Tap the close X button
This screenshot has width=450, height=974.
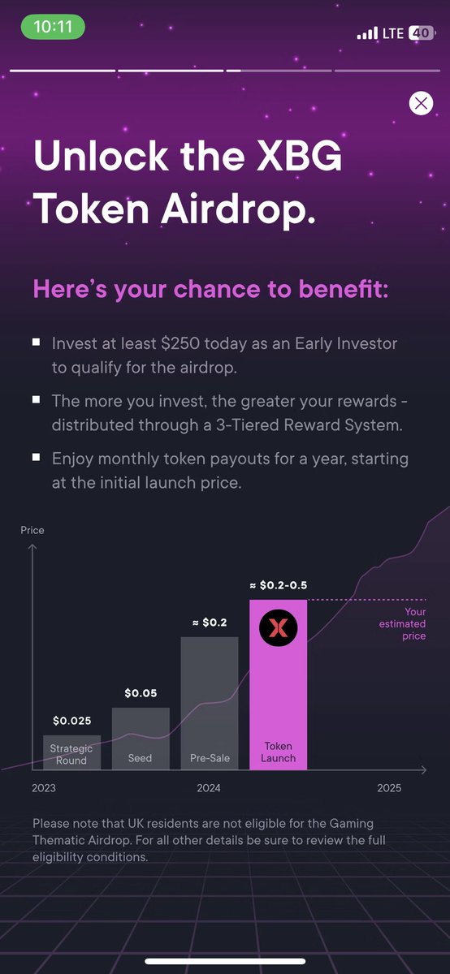(421, 103)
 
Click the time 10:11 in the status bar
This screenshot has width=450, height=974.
(53, 26)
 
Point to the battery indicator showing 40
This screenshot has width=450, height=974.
(420, 33)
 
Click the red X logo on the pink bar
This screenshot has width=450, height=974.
(279, 627)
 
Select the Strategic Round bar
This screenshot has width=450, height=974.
(71, 752)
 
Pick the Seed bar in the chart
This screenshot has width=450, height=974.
(141, 739)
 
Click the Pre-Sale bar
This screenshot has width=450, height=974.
(210, 703)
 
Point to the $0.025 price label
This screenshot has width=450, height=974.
(72, 720)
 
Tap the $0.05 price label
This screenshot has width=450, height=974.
(141, 693)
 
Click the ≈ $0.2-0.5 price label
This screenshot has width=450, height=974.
(278, 584)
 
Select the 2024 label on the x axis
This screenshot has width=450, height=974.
(209, 788)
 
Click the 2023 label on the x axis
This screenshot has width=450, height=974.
(44, 788)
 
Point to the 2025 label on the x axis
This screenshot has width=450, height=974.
(389, 788)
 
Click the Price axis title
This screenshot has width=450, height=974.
(32, 530)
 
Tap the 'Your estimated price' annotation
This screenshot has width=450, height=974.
(402, 624)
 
